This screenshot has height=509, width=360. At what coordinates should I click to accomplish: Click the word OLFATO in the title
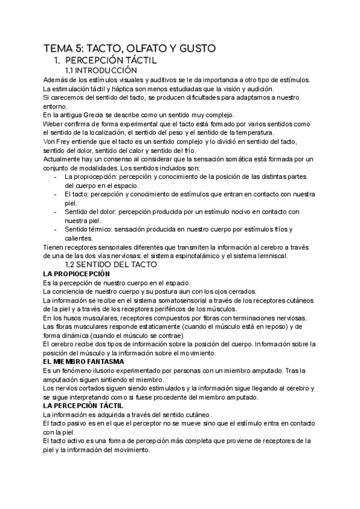(133, 49)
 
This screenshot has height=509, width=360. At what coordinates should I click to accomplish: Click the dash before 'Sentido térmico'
(56, 229)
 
